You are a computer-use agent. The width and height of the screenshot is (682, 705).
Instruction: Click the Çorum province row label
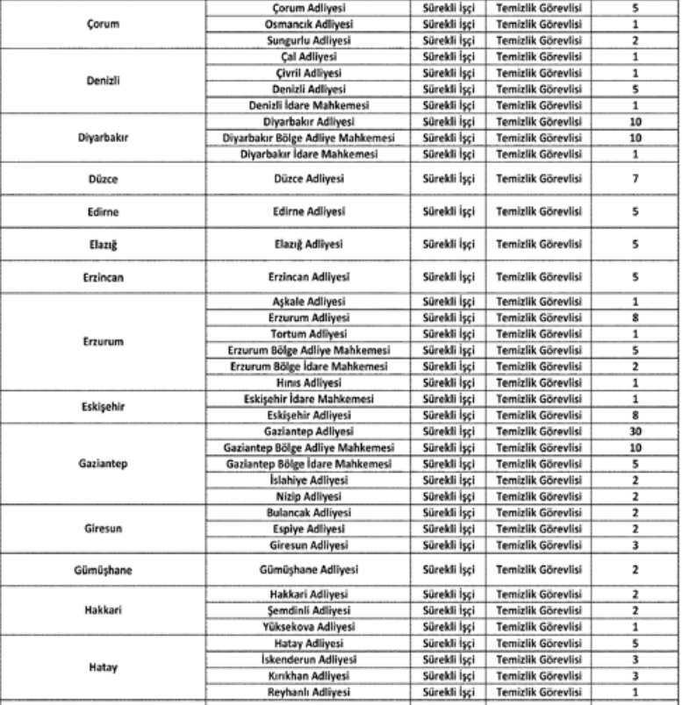pyautogui.click(x=103, y=25)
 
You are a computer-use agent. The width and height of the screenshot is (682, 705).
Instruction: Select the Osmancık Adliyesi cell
pyautogui.click(x=307, y=25)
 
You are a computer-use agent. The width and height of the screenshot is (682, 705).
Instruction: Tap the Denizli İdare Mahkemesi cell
pyautogui.click(x=307, y=105)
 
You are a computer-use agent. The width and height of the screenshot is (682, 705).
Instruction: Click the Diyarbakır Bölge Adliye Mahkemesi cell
pyautogui.click(x=307, y=138)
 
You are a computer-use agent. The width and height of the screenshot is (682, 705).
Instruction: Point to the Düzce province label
pyautogui.click(x=103, y=179)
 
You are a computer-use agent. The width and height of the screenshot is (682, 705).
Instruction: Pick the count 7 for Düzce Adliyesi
pyautogui.click(x=635, y=179)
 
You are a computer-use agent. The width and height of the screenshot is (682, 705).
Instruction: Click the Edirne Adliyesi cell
pyautogui.click(x=307, y=211)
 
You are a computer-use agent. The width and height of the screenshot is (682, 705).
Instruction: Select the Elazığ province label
pyautogui.click(x=103, y=245)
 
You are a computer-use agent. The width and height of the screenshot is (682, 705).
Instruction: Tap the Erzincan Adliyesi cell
pyautogui.click(x=307, y=277)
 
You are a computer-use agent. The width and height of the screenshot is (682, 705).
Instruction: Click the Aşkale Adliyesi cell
pyautogui.click(x=307, y=302)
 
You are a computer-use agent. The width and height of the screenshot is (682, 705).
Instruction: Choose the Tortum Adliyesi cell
pyautogui.click(x=307, y=334)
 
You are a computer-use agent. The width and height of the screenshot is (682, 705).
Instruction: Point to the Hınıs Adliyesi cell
pyautogui.click(x=307, y=382)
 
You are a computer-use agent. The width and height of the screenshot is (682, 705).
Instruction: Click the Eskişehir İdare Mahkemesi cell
pyautogui.click(x=307, y=399)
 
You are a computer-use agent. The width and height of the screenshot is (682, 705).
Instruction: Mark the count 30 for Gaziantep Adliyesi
pyautogui.click(x=635, y=431)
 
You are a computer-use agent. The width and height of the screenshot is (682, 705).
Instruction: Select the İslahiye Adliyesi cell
pyautogui.click(x=307, y=480)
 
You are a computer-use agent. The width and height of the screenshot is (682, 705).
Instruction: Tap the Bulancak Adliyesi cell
pyautogui.click(x=307, y=512)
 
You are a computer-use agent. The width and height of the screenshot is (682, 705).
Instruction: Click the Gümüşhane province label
pyautogui.click(x=103, y=569)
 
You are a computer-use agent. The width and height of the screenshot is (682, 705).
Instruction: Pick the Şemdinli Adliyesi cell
pyautogui.click(x=307, y=610)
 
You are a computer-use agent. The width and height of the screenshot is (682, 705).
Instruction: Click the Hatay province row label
pyautogui.click(x=103, y=667)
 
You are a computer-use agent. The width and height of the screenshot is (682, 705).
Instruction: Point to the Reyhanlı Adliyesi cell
pyautogui.click(x=307, y=692)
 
